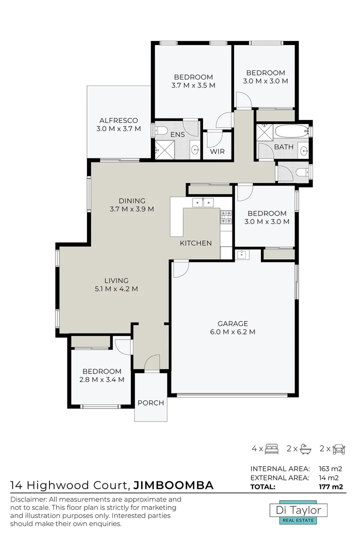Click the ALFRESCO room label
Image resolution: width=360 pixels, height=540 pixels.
click(118, 120)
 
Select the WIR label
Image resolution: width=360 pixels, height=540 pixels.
click(217, 151)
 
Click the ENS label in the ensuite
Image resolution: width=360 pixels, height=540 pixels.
click(177, 134)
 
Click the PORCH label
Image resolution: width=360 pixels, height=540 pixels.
click(150, 403)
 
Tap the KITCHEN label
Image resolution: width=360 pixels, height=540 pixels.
click(195, 243)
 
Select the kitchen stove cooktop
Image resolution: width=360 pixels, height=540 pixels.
click(226, 216)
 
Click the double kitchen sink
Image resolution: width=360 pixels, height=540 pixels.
click(203, 202)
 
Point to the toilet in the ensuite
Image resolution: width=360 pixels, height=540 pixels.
click(161, 131)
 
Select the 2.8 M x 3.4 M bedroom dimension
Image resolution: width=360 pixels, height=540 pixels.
click(102, 379)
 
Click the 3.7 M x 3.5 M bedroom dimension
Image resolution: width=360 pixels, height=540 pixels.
click(193, 85)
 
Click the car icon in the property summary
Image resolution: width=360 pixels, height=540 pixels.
click(339, 448)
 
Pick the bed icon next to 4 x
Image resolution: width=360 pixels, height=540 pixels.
click(271, 448)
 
